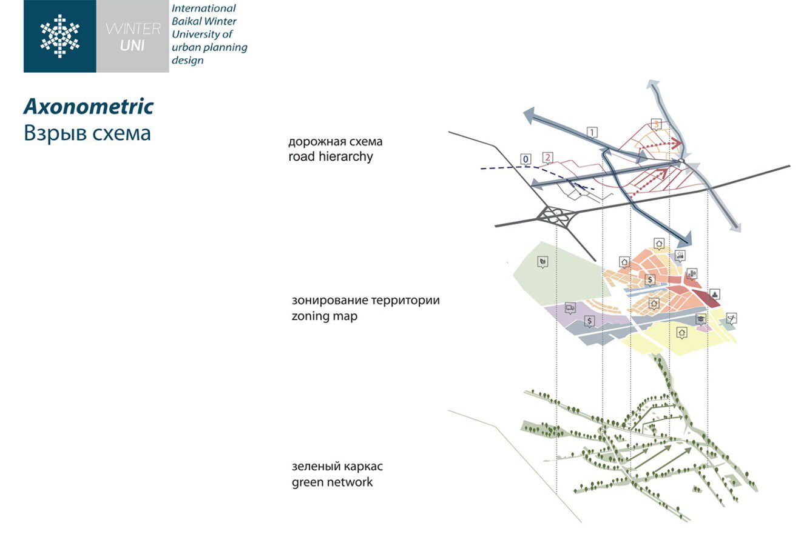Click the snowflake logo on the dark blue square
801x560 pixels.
tap(59, 36)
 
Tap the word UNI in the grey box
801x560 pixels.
tap(133, 45)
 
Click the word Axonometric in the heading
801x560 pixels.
tap(89, 107)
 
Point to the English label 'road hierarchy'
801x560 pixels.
tap(331, 157)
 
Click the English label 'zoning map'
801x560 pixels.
tap(324, 316)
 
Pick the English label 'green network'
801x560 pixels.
tap(332, 482)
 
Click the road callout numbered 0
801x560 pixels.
tap(526, 159)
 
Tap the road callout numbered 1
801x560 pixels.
tap(592, 133)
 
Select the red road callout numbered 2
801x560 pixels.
tap(547, 158)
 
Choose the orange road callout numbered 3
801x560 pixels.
tap(656, 125)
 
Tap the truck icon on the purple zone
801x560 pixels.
tap(570, 308)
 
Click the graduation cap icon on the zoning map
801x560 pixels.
tap(700, 319)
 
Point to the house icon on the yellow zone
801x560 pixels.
tap(682, 333)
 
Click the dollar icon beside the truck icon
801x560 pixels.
tap(590, 321)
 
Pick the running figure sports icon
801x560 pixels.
tap(732, 318)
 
